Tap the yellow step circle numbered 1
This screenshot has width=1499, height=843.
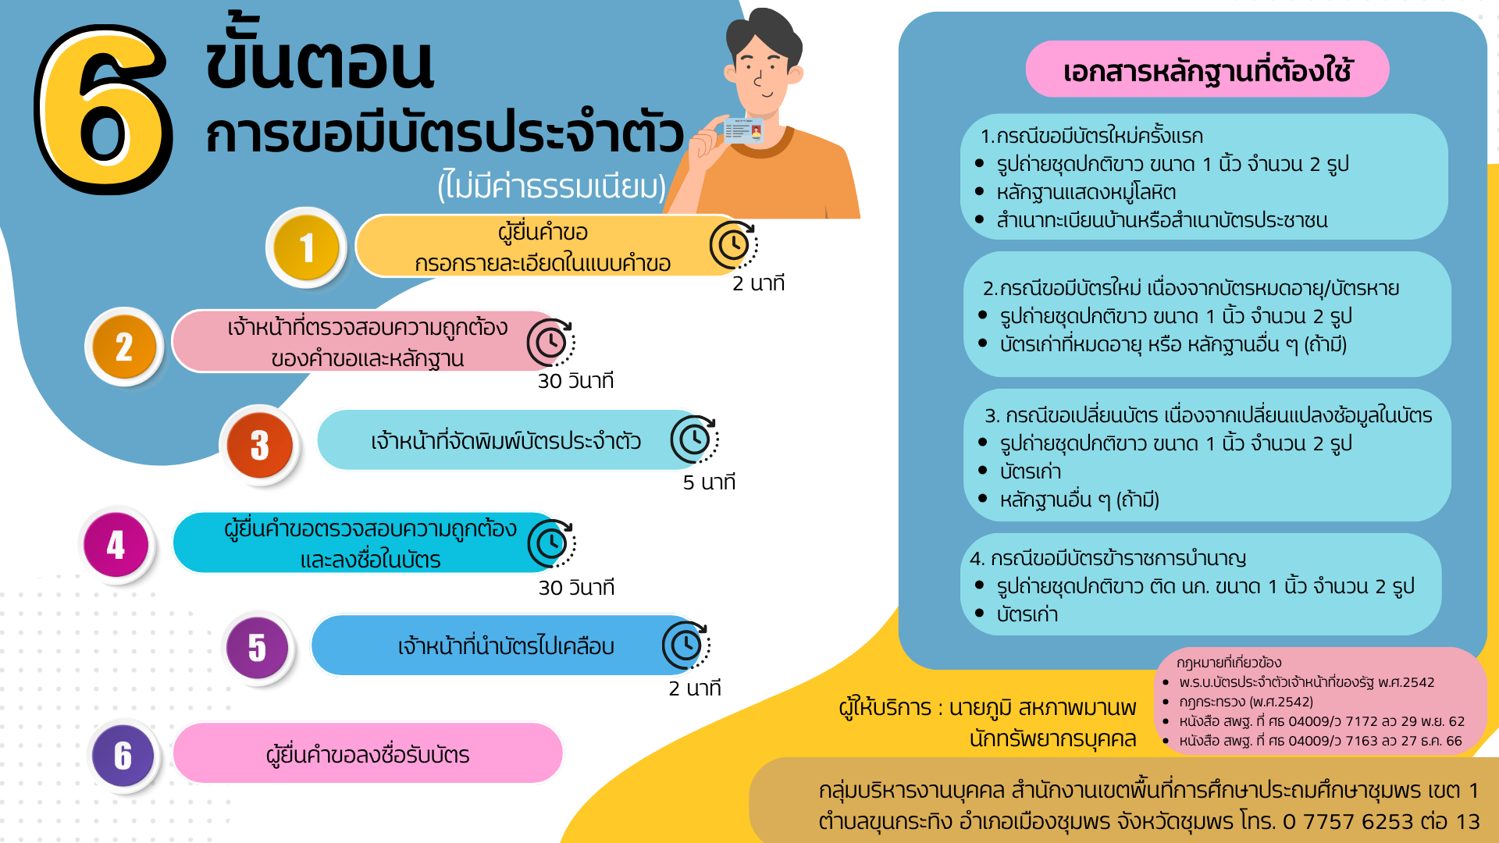point(307,248)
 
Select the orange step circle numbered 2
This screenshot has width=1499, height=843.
point(124,347)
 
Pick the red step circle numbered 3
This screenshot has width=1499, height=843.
point(260,446)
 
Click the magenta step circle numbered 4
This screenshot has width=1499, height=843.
point(116,545)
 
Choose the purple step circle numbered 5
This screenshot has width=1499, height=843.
point(257,648)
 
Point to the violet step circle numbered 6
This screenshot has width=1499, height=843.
point(123,756)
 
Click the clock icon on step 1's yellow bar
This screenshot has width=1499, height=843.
point(733,245)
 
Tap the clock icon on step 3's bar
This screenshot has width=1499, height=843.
point(694,439)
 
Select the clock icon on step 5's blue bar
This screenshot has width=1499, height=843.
point(686,646)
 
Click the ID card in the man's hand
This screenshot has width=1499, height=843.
point(743,130)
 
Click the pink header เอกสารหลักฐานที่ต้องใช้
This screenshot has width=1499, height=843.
point(1207,69)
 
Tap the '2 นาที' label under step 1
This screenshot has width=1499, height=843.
point(758,283)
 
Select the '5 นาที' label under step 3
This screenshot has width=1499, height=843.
point(709,482)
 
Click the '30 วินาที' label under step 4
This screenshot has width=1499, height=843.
point(576,588)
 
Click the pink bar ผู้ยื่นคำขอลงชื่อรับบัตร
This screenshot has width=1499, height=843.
point(368,753)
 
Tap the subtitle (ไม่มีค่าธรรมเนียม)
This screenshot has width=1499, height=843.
point(552,187)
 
